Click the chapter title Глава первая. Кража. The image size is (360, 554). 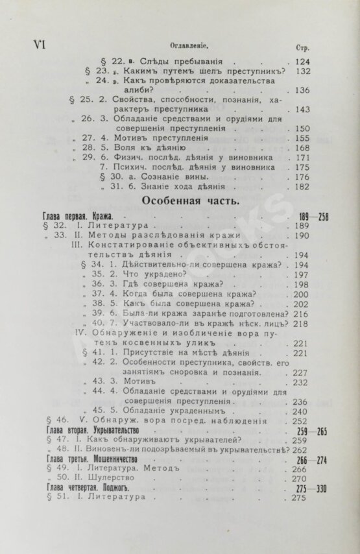click(x=73, y=215)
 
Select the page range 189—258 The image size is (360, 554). click(x=313, y=215)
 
